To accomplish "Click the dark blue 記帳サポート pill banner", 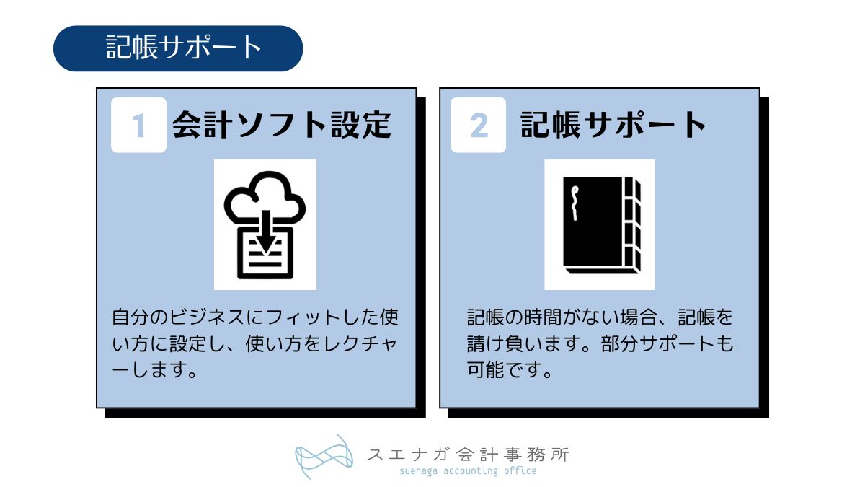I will pos(178,48).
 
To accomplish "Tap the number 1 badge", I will pos(138,126).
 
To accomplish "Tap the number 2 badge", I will pos(479,126).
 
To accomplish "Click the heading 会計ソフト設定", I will pos(282,125).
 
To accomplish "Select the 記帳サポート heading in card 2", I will pos(613,125).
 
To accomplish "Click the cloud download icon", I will pos(265,224).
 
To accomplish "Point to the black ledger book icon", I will pos(600,224).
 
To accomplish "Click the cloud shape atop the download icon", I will pos(265,194).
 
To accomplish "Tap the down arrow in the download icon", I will pos(265,234).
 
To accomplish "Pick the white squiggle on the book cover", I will pos(574,203).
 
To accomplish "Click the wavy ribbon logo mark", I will pos(325,457).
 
